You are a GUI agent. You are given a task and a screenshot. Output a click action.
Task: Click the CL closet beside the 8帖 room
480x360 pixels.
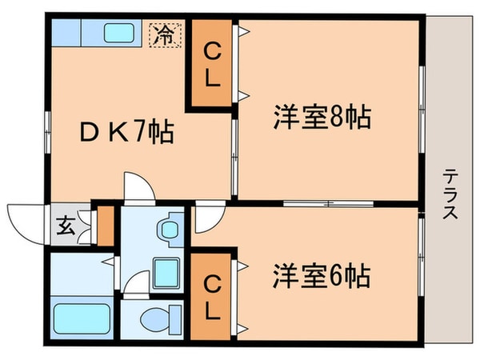click(x=213, y=66)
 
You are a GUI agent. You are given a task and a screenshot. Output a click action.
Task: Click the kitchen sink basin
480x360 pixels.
click(x=118, y=34)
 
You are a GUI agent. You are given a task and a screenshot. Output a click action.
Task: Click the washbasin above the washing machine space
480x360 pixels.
click(x=168, y=229)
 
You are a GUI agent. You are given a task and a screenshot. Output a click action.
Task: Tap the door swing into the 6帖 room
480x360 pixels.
click(x=206, y=214)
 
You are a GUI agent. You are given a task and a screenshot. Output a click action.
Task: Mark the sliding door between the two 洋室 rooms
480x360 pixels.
click(x=328, y=203)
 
